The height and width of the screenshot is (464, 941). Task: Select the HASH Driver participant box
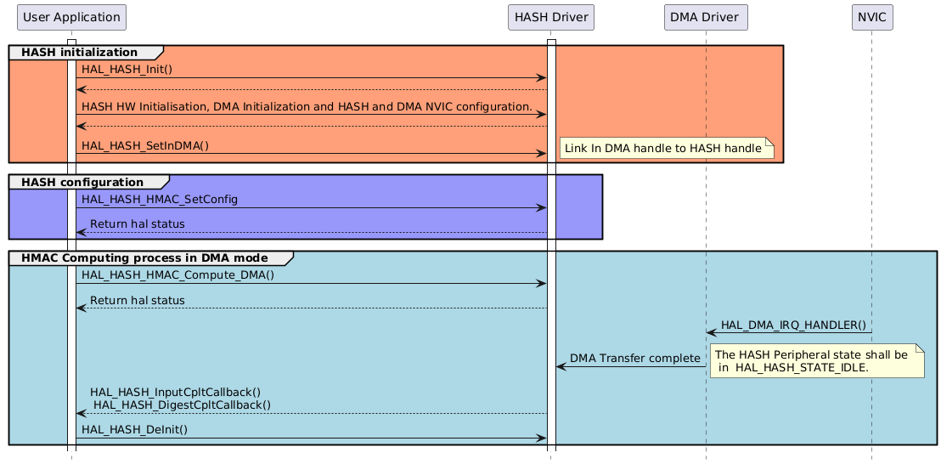[x=549, y=17]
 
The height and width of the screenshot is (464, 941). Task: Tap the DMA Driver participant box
[x=704, y=17]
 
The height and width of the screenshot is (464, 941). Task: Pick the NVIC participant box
[x=871, y=17]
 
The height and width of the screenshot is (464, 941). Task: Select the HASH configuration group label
[x=82, y=182]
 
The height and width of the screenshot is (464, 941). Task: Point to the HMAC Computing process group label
[x=144, y=257]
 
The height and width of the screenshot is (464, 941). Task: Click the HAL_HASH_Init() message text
[x=127, y=70]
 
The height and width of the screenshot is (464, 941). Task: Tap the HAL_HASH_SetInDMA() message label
[x=145, y=145]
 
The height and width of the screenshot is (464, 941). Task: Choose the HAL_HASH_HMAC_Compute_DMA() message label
[x=177, y=274]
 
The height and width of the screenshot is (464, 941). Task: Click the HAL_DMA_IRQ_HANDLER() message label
[x=793, y=325]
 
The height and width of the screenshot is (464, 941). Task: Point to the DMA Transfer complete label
[x=634, y=359]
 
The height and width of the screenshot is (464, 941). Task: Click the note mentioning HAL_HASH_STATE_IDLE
[x=815, y=361]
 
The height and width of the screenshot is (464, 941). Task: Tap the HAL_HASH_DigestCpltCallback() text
[x=182, y=405]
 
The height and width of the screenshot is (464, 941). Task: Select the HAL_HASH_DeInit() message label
[x=134, y=430]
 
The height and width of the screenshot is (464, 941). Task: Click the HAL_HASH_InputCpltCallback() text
[x=175, y=392]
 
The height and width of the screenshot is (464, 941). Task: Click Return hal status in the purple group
[x=137, y=224]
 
